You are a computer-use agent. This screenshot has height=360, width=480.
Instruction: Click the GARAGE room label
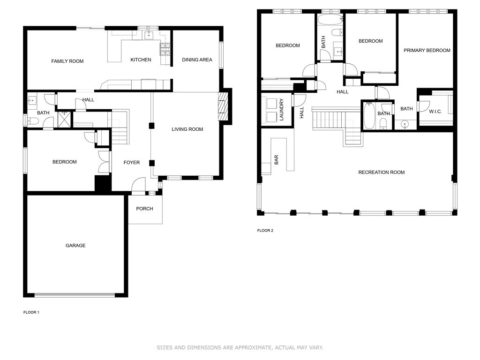click(75, 246)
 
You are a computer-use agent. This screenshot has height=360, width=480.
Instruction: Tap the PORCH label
click(144, 209)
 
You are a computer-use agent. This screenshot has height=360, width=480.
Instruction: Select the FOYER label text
click(132, 163)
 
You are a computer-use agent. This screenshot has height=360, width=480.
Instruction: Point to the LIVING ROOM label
click(187, 129)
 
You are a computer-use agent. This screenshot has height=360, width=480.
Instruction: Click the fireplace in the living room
click(223, 106)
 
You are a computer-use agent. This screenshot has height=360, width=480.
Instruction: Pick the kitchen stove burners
click(165, 50)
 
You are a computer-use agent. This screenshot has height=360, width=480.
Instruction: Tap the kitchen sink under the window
click(149, 35)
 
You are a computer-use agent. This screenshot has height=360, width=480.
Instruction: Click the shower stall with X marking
click(64, 119)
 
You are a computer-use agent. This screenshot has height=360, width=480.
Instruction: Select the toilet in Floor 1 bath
click(33, 121)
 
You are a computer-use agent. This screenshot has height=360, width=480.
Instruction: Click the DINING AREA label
click(197, 60)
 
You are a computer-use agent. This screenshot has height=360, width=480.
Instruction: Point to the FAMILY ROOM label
click(67, 61)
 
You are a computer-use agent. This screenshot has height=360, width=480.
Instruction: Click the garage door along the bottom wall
click(75, 295)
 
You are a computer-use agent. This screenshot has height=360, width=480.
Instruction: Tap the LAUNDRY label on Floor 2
click(282, 110)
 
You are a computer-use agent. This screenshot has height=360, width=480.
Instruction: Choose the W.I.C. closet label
click(435, 112)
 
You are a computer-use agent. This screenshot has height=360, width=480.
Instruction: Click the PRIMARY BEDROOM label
click(427, 51)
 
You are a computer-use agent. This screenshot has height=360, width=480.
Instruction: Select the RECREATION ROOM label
click(382, 172)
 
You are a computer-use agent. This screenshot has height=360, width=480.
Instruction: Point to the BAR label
click(277, 160)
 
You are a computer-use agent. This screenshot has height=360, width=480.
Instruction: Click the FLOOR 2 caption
click(265, 231)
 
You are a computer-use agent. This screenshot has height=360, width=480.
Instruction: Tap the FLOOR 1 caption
click(31, 312)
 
